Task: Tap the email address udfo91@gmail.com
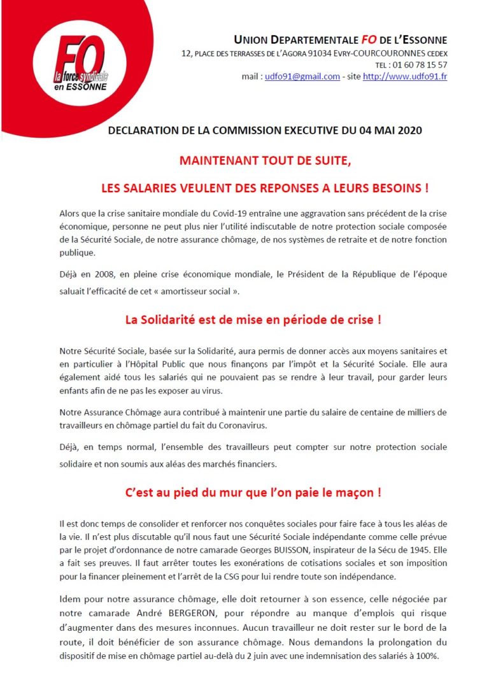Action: tap(302, 76)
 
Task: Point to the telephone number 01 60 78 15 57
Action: tap(420, 65)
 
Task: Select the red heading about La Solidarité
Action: tap(253, 320)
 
